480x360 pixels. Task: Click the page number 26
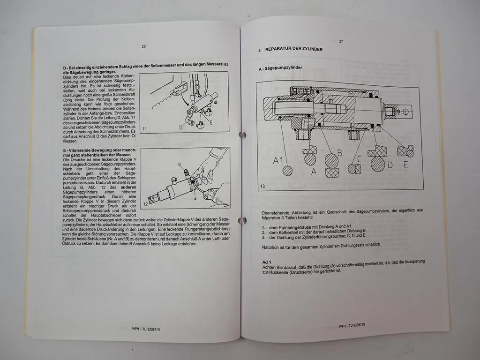143,46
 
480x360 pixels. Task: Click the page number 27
341,41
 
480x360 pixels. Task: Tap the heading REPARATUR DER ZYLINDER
293,49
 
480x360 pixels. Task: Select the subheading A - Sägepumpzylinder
281,68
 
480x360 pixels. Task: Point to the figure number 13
262,186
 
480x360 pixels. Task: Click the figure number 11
144,128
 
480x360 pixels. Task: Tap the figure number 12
146,204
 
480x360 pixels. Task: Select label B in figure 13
339,153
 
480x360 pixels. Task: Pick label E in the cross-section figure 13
405,164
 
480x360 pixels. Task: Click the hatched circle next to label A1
287,171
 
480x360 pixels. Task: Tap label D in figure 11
180,127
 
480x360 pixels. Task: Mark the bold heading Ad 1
268,262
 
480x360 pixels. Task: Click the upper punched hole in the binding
242,135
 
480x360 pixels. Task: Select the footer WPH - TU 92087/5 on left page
146,329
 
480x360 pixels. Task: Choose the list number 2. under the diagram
264,232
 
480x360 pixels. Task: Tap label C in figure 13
359,159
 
